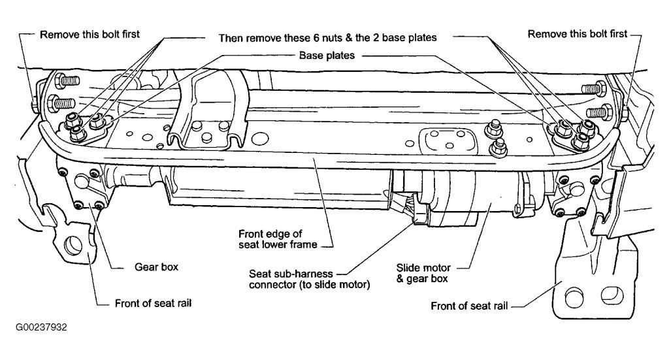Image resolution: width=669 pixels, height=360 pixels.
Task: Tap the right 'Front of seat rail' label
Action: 471,304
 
